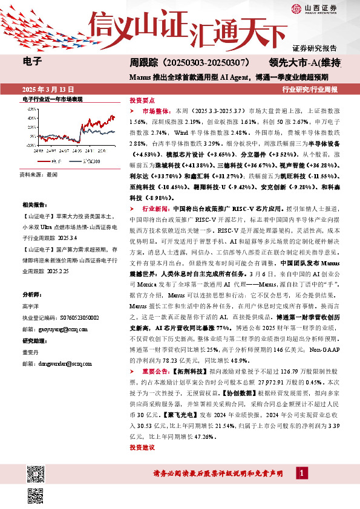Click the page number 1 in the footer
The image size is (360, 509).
[x=301, y=473]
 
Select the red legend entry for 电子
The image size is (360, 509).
[x=48, y=161]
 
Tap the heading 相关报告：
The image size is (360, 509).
[x=34, y=189]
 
